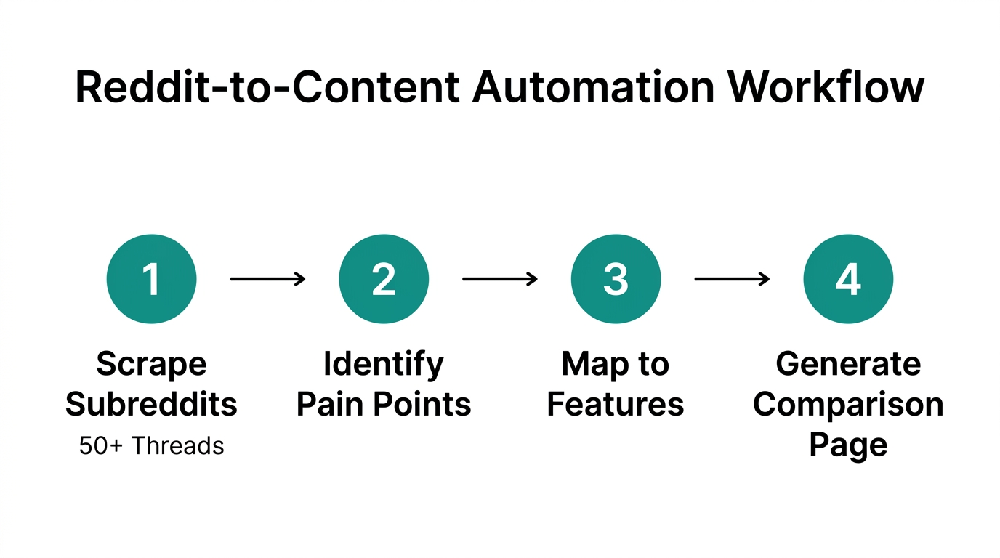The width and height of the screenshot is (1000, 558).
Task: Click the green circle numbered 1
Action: click(151, 279)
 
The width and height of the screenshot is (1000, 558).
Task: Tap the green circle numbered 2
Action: click(384, 279)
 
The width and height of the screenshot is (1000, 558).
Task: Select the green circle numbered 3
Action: click(616, 279)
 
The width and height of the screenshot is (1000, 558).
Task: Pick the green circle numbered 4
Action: click(848, 279)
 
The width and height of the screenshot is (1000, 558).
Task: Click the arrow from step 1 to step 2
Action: click(267, 279)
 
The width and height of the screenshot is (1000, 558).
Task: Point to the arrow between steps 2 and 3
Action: click(500, 279)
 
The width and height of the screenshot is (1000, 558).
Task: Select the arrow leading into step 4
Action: click(732, 279)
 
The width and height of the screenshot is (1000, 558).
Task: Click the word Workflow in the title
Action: click(826, 87)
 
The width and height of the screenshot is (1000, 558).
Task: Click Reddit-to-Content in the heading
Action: click(267, 87)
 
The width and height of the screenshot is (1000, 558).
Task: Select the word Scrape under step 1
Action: click(151, 364)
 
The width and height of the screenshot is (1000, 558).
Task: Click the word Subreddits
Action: click(151, 404)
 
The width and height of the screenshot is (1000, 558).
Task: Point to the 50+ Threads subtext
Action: click(151, 445)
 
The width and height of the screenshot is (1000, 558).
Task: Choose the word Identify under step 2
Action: click(384, 364)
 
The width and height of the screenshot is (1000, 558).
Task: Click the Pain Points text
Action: click(384, 404)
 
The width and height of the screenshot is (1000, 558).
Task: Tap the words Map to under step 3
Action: click(616, 364)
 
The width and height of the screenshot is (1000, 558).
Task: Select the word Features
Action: click(616, 404)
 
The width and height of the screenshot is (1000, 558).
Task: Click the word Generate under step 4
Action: click(848, 364)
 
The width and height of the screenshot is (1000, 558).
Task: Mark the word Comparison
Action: click(848, 404)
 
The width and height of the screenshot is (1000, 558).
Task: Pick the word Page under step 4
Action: click(848, 444)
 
